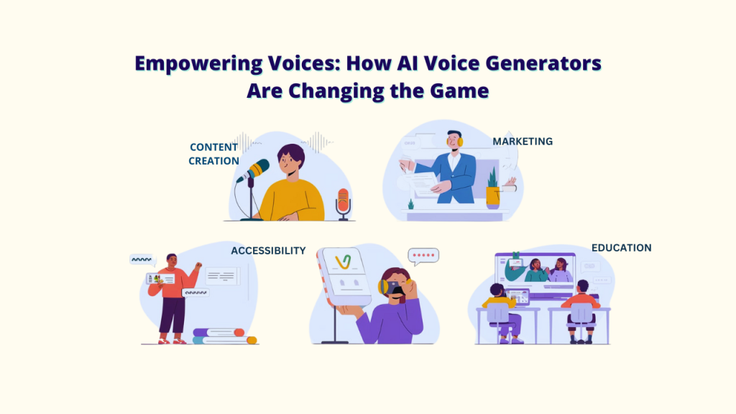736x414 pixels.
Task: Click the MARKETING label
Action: pyautogui.click(x=523, y=142)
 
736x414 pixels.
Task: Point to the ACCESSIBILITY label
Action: pyautogui.click(x=268, y=251)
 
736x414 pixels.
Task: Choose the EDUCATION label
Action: pyautogui.click(x=621, y=248)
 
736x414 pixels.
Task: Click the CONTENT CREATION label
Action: pyautogui.click(x=213, y=154)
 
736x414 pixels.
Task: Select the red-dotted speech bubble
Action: pyautogui.click(x=423, y=256)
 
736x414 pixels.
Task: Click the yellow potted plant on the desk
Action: pyautogui.click(x=492, y=191)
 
